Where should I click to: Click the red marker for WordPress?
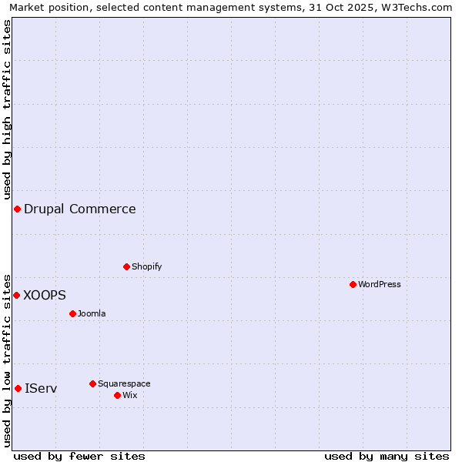click(x=353, y=284)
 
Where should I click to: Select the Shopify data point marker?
click(x=126, y=266)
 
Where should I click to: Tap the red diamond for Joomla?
click(x=72, y=313)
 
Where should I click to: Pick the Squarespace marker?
click(x=92, y=383)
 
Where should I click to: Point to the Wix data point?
click(x=117, y=395)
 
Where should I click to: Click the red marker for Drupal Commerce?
click(x=17, y=209)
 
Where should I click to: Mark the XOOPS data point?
click(x=16, y=295)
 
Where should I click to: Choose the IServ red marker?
click(x=18, y=388)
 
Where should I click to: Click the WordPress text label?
click(x=380, y=284)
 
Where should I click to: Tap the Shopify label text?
click(x=146, y=266)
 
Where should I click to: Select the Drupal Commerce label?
click(x=79, y=209)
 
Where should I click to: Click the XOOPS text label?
click(x=45, y=295)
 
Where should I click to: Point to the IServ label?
click(x=41, y=388)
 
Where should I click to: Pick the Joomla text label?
click(x=92, y=313)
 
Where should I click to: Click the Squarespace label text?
click(x=124, y=383)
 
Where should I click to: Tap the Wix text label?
click(x=129, y=395)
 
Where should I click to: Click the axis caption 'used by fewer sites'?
click(x=79, y=456)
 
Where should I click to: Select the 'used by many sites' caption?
click(x=387, y=456)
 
